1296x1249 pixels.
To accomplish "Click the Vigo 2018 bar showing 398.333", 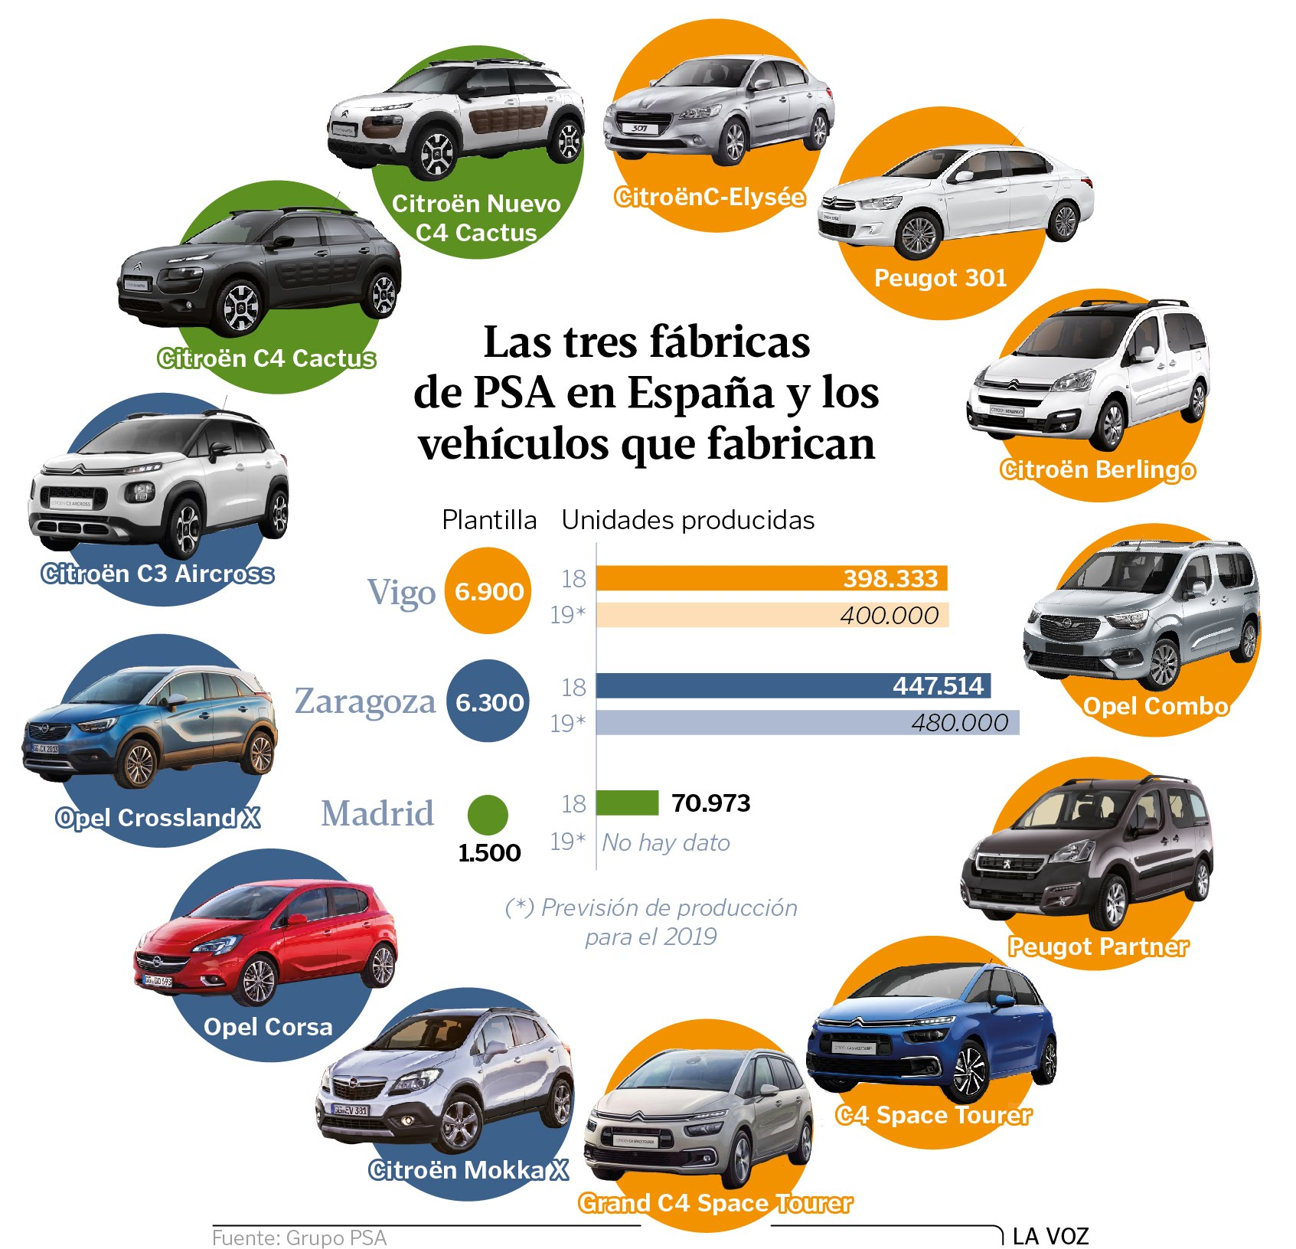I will [771, 578].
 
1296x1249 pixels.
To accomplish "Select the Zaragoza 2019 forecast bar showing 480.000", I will [807, 722].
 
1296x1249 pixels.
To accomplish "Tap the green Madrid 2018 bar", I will [627, 803].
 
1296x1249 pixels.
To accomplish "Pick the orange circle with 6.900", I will [488, 591].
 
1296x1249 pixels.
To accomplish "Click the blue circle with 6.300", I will [488, 702].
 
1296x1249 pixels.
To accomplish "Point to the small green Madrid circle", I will [488, 814].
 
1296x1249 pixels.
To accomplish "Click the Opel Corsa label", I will [268, 1026].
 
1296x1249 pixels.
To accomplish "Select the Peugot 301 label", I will [940, 278].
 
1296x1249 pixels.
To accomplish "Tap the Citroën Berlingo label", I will [1097, 469].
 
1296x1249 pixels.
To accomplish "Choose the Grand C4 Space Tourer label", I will [715, 1202].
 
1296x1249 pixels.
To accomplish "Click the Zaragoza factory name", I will [365, 701].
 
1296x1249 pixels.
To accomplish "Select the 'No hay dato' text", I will [665, 842].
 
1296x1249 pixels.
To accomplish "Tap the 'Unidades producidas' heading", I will [687, 520].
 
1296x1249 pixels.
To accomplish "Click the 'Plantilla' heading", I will [489, 520].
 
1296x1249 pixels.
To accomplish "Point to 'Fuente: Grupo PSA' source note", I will [299, 1238].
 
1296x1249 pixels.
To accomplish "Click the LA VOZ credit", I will [1050, 1235].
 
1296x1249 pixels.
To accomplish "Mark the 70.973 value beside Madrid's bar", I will [710, 803].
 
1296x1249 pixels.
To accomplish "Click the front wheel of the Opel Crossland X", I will [139, 763].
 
